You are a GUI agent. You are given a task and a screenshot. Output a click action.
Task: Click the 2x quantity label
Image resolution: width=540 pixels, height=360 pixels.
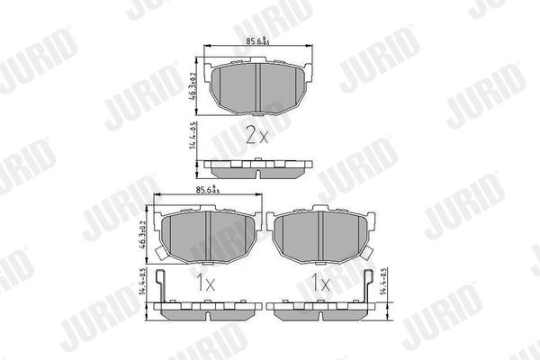(x=256, y=136)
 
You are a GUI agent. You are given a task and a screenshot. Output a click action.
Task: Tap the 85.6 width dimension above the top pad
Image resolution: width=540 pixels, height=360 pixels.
(x=257, y=40)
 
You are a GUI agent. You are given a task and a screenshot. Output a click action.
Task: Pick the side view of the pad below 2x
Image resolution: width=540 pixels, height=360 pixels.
(x=257, y=166)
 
